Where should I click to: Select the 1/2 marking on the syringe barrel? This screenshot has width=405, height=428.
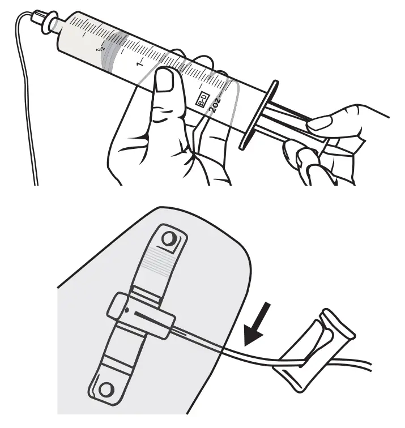[x=101, y=49]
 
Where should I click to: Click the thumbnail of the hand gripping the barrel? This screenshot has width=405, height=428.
[x=165, y=79]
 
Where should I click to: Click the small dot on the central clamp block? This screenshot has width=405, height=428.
[x=128, y=310]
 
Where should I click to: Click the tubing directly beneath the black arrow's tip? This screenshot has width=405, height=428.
[x=241, y=350]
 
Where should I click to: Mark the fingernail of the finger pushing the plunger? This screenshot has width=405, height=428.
[x=321, y=122]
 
